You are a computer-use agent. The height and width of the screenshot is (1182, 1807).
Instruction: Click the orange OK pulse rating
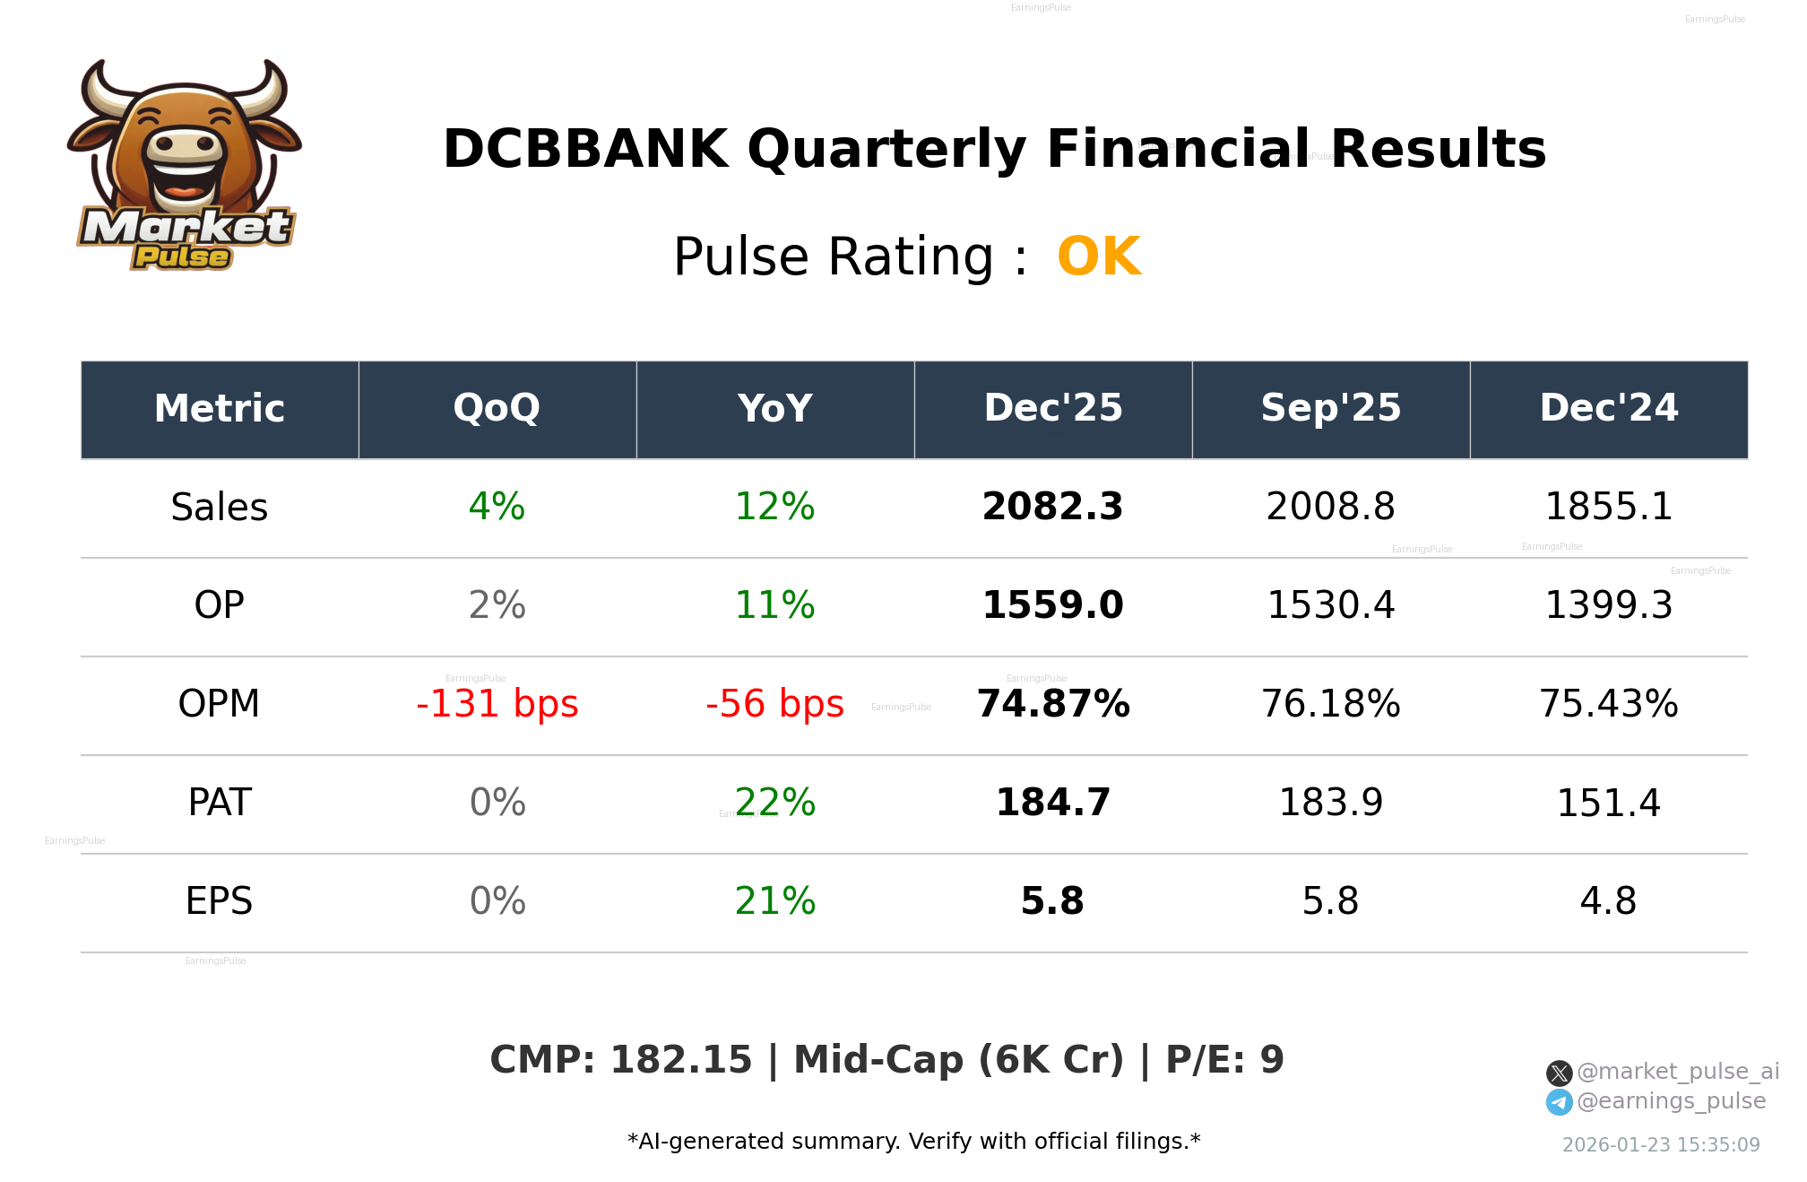(1098, 257)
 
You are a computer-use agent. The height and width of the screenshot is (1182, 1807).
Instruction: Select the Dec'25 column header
(1052, 409)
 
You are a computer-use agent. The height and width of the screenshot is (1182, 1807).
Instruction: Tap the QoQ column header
(497, 409)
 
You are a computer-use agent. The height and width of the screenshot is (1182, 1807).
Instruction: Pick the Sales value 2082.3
(1052, 508)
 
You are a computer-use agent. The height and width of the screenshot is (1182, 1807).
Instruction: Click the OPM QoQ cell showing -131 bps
(497, 705)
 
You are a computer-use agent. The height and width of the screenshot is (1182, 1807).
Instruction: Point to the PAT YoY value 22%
(774, 804)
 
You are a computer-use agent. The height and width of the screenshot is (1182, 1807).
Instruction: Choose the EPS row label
(219, 902)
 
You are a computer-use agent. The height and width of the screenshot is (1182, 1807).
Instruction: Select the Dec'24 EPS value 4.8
(1608, 902)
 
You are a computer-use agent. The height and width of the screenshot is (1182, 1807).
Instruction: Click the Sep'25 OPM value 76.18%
(1330, 705)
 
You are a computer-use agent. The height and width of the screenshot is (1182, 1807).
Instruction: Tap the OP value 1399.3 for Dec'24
(1608, 606)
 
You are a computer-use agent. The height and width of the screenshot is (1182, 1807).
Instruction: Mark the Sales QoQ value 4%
(497, 508)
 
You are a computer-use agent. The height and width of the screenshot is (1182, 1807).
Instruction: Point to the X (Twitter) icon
(1559, 1073)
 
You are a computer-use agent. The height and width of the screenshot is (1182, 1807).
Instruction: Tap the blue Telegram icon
(1559, 1102)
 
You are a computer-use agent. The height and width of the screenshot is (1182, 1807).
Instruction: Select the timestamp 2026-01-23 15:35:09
(1660, 1145)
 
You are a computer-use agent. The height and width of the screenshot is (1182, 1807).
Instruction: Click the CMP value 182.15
(680, 1061)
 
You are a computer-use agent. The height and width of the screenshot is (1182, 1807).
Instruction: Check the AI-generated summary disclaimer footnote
(913, 1142)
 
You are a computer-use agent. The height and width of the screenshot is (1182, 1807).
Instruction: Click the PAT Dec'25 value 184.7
(1052, 804)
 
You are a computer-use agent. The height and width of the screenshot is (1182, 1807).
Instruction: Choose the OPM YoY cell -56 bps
(774, 705)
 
